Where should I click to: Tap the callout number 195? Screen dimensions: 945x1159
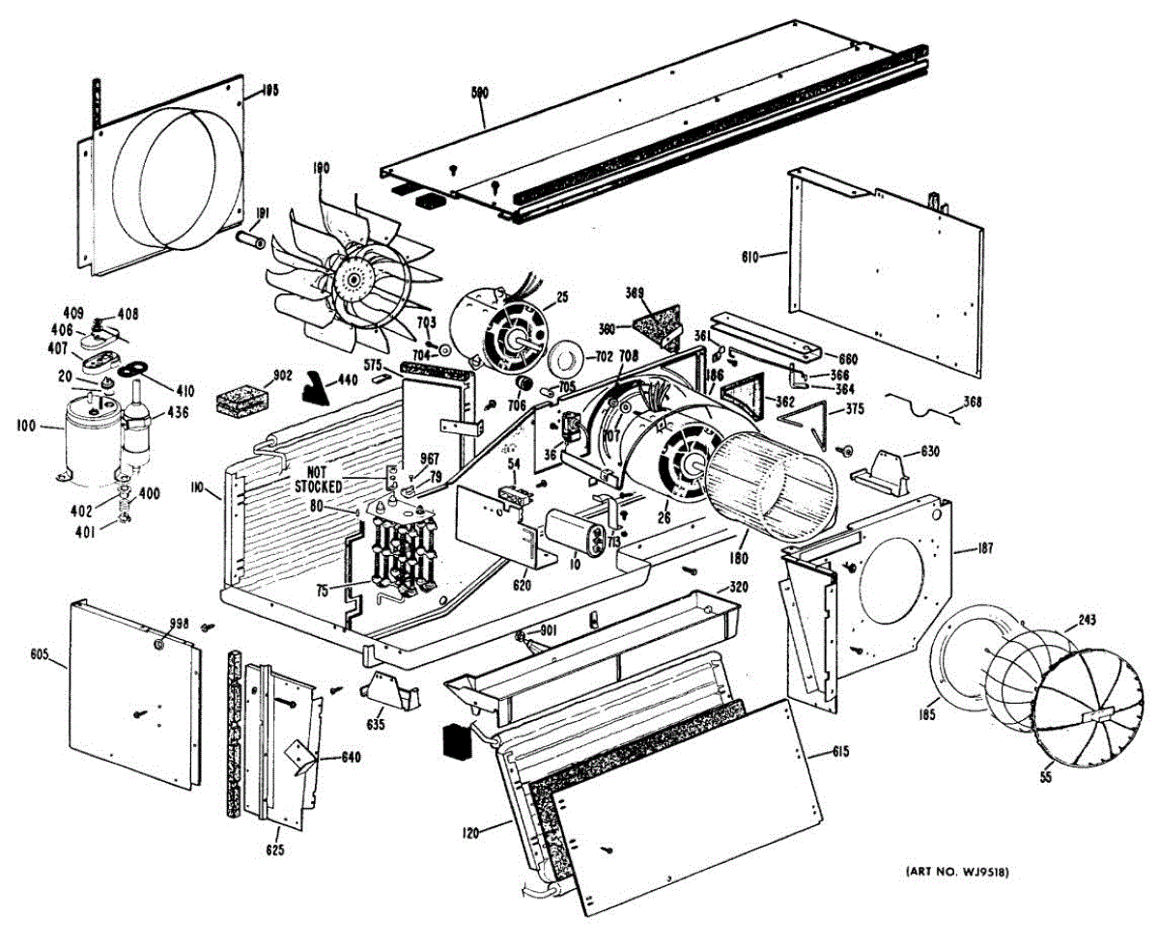(x=269, y=91)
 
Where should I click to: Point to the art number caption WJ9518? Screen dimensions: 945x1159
(x=957, y=873)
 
